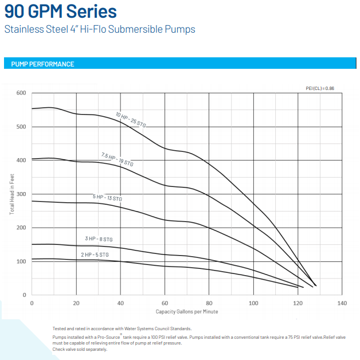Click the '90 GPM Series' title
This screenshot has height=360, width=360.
(60, 11)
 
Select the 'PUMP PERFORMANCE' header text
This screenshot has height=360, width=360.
(42, 64)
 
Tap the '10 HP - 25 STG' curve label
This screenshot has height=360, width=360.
(132, 120)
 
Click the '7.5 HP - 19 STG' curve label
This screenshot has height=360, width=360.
(117, 159)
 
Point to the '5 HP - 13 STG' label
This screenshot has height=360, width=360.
(107, 198)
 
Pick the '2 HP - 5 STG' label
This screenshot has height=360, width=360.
(95, 254)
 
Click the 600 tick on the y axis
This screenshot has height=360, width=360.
(21, 93)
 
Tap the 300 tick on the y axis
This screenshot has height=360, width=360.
(21, 194)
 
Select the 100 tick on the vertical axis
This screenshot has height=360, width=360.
(21, 261)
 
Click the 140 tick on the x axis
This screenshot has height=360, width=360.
(342, 303)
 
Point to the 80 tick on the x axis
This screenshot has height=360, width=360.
(209, 303)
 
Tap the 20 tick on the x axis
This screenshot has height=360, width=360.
(76, 303)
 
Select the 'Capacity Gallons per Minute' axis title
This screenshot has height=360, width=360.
(187, 311)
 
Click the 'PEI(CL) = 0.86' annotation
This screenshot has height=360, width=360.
(320, 88)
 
